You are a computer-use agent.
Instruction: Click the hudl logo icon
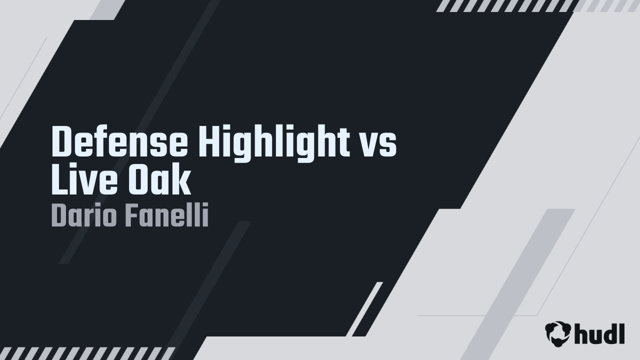tap(558, 333)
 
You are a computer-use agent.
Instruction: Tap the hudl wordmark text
tap(599, 333)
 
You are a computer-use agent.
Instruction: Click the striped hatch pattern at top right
tap(505, 5)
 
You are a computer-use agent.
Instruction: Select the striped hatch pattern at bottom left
tap(85, 353)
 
